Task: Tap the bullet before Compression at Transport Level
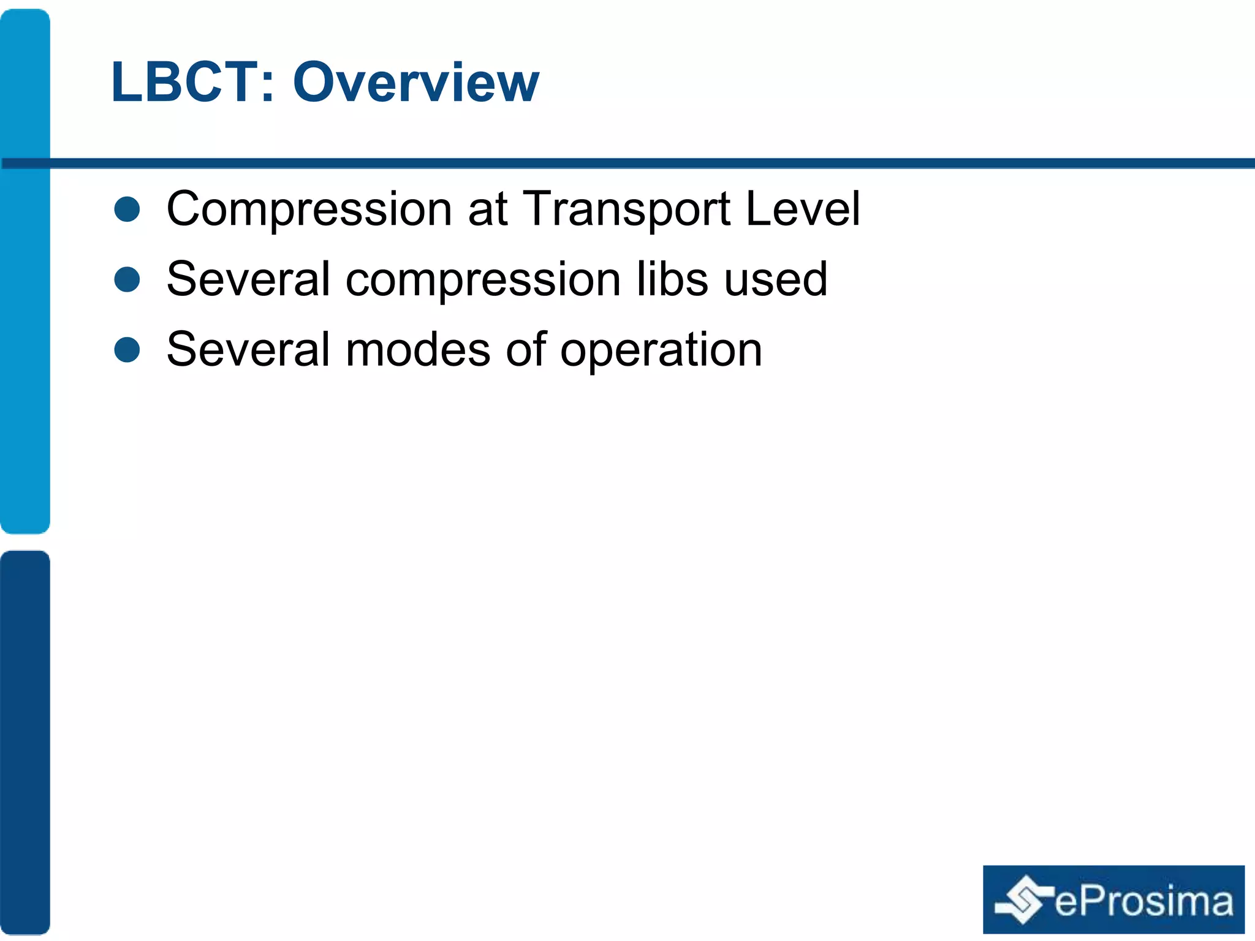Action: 127,209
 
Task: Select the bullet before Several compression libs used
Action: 127,279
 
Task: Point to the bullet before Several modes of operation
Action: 127,350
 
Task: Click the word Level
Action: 803,209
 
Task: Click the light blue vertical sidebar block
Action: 25,270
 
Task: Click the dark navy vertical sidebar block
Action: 25,741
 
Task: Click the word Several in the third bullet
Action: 248,350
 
